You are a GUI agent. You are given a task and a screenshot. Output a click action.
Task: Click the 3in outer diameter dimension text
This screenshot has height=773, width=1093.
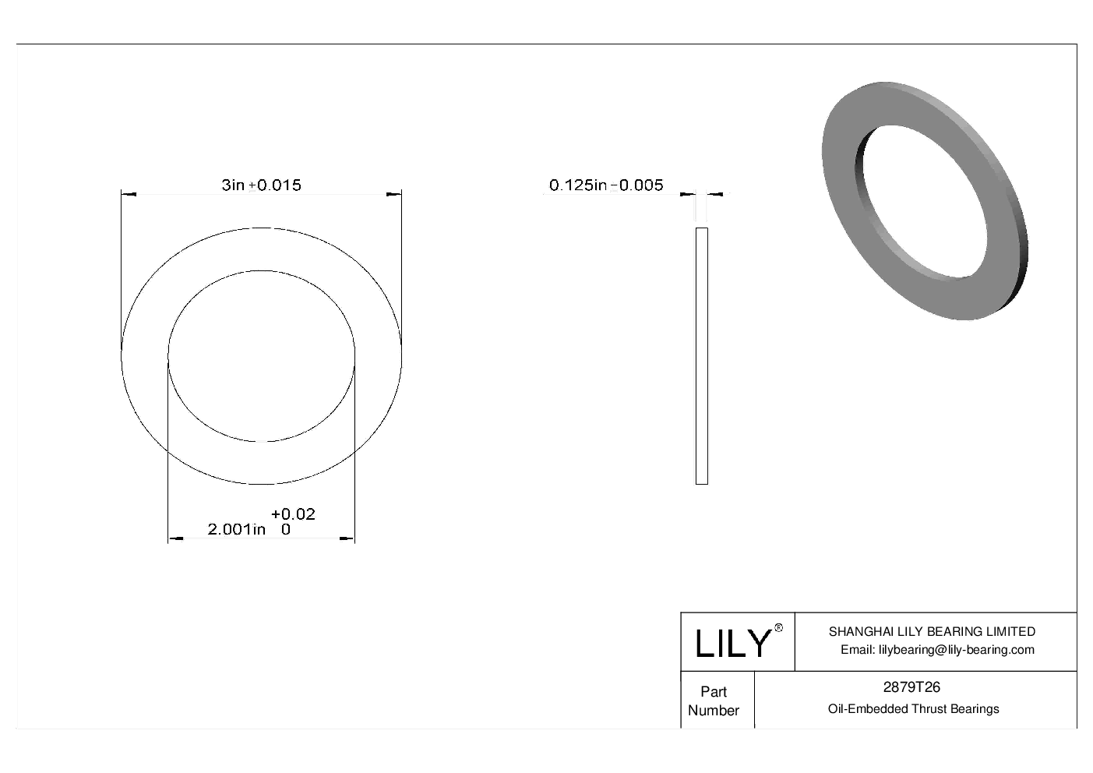click(233, 185)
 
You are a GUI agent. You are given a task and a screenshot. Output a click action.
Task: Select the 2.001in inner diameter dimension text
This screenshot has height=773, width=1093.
click(236, 530)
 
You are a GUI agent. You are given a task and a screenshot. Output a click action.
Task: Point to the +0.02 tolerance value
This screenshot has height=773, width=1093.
click(293, 514)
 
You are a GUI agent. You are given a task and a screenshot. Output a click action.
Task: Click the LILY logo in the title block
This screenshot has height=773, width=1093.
click(732, 644)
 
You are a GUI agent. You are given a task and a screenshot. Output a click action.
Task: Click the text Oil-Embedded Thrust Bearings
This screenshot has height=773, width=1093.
click(913, 709)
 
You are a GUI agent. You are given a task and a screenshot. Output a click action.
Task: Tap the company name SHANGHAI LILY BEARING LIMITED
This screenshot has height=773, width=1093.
click(932, 632)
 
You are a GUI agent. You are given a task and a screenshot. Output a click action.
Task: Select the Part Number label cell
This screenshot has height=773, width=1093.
click(714, 701)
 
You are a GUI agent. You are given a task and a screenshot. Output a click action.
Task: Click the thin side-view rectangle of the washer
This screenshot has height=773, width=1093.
click(701, 355)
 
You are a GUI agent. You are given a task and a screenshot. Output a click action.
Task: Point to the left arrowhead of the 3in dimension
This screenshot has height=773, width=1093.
click(129, 193)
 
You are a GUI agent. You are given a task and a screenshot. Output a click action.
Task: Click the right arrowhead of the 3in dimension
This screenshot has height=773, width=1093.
click(394, 193)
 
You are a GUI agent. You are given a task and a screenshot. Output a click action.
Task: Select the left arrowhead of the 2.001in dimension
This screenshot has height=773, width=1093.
click(176, 538)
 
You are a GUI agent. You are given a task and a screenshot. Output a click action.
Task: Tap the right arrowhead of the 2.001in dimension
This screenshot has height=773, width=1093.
click(347, 538)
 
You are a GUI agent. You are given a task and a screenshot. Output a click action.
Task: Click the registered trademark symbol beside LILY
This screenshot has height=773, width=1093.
click(778, 628)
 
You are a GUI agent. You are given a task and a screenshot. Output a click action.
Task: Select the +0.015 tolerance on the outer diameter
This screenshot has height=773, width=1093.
click(275, 185)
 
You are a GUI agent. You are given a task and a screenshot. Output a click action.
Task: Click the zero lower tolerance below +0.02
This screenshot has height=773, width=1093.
click(286, 530)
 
